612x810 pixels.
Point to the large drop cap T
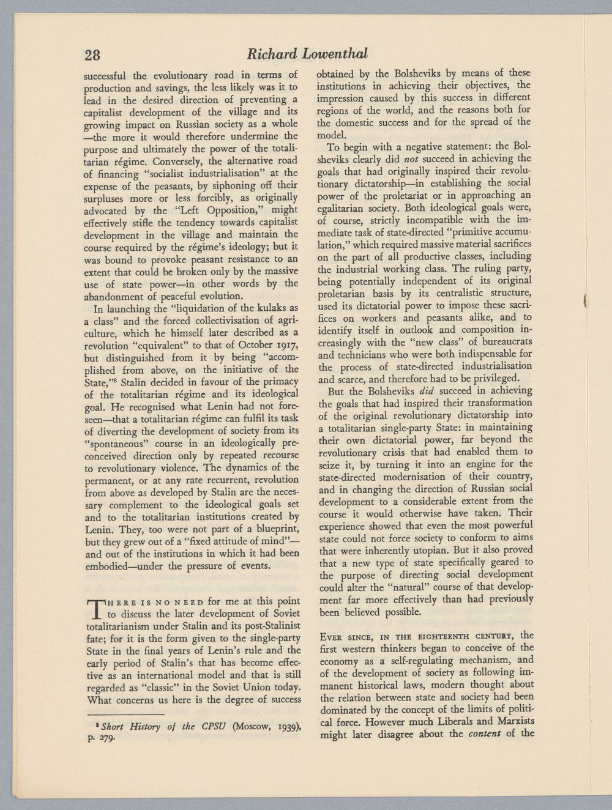tap(97, 607)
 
